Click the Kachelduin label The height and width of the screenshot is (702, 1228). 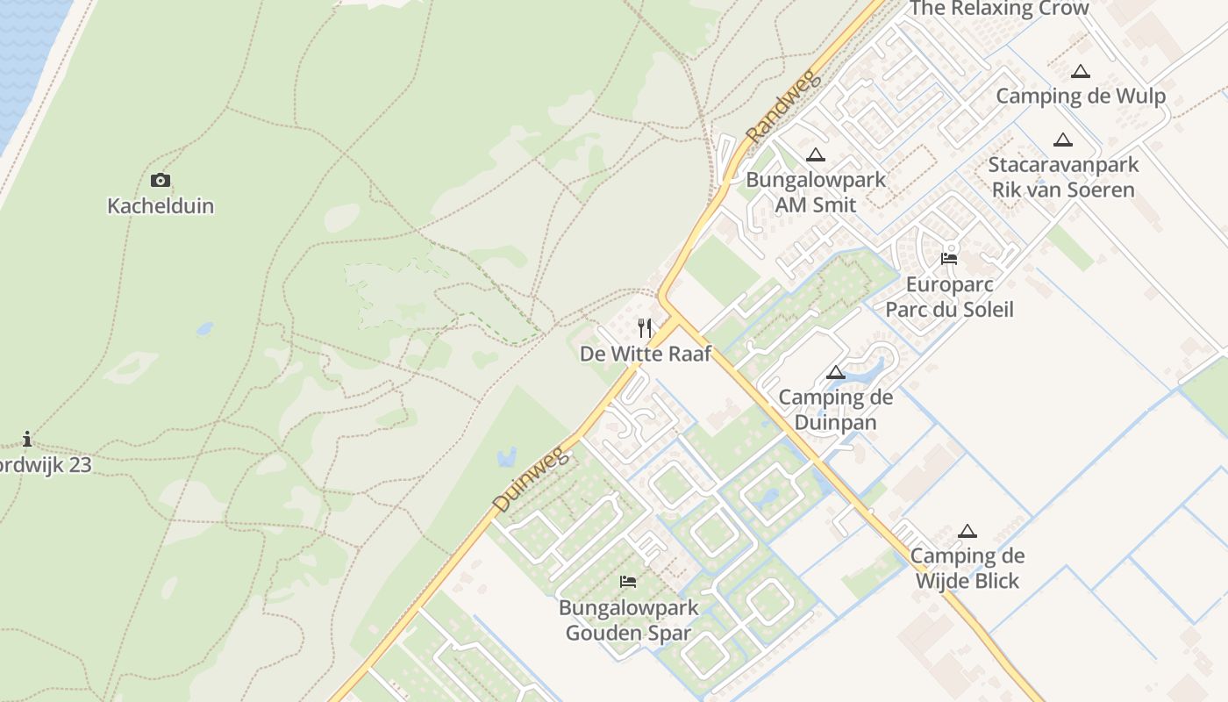pyautogui.click(x=161, y=206)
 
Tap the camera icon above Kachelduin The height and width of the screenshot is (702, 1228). pyautogui.click(x=161, y=181)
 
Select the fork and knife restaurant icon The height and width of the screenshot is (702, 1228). pyautogui.click(x=645, y=328)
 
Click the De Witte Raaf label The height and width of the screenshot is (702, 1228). pyautogui.click(x=645, y=354)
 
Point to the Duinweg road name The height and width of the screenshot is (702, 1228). pyautogui.click(x=532, y=478)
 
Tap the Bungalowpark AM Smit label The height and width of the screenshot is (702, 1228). pyautogui.click(x=816, y=192)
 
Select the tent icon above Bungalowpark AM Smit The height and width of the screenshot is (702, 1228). pyautogui.click(x=816, y=155)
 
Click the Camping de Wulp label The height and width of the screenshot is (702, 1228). pyautogui.click(x=1081, y=97)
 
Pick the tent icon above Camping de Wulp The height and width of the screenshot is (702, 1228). pyautogui.click(x=1081, y=72)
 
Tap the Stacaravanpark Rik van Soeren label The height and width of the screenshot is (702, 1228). pyautogui.click(x=1063, y=177)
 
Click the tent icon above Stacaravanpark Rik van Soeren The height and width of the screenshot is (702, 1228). pyautogui.click(x=1063, y=140)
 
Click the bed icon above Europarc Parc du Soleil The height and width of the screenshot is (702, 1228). pyautogui.click(x=949, y=259)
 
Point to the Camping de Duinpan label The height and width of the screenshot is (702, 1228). pyautogui.click(x=836, y=410)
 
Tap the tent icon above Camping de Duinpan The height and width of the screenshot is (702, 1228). pyautogui.click(x=836, y=373)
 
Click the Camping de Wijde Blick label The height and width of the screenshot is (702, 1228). pyautogui.click(x=967, y=568)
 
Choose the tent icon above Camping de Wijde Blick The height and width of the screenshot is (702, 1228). pyautogui.click(x=967, y=531)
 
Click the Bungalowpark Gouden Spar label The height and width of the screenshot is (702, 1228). pyautogui.click(x=628, y=620)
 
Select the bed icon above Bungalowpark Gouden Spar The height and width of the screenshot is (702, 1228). pyautogui.click(x=628, y=582)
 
